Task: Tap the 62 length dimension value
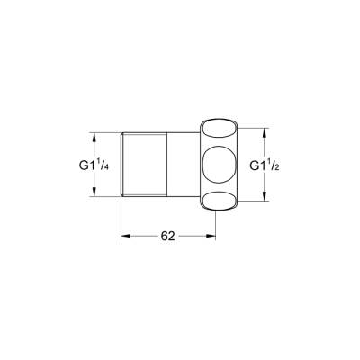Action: click(167, 236)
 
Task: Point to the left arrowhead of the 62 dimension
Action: click(126, 236)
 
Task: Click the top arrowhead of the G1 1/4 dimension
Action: click(94, 137)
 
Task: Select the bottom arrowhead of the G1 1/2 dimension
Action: click(263, 203)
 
